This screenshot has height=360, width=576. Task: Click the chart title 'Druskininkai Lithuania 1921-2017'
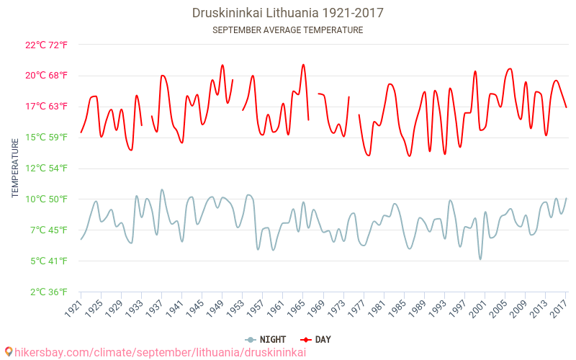coord(288,13)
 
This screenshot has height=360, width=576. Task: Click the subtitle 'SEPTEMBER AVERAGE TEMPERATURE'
coord(288,30)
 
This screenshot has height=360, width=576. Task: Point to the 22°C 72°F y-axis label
coord(47,45)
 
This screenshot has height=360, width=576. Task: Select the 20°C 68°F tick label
coord(47,76)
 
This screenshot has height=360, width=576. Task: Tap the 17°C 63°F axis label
coord(47,107)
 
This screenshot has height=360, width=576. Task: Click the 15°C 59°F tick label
coord(47,138)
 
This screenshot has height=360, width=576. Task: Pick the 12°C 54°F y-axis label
coord(47,168)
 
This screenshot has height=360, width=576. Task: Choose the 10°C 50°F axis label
coord(47,199)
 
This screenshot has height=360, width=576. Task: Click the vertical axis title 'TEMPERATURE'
coord(15,168)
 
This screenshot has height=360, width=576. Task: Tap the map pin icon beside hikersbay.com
coord(9,352)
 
